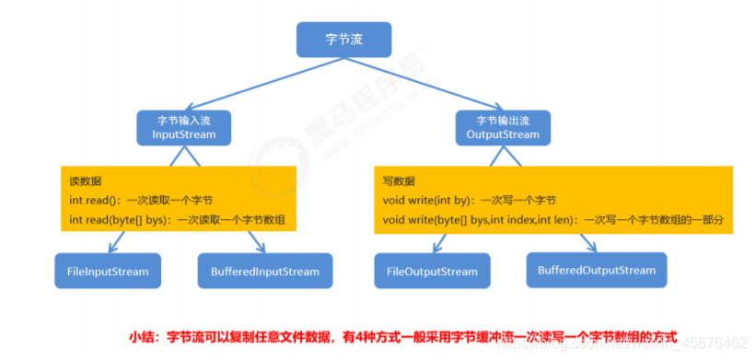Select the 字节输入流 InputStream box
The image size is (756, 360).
tap(183, 128)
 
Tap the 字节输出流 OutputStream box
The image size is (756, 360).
tap(504, 128)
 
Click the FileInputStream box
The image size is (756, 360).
tap(108, 272)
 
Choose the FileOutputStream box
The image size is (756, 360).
tap(433, 272)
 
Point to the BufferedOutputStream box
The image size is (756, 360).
tap(596, 270)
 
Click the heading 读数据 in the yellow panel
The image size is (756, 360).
tap(86, 181)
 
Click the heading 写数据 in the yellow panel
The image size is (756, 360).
tap(399, 181)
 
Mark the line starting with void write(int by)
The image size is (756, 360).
tap(469, 200)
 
